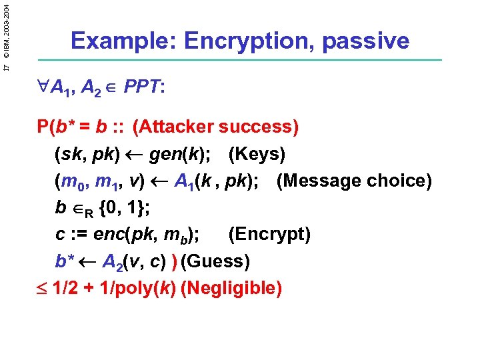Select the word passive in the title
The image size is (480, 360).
coord(365,41)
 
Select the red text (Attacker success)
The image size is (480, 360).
coord(216,127)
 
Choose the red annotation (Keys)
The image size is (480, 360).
coord(257,154)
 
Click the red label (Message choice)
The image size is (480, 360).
coord(354,181)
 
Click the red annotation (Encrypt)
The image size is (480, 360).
coord(269,235)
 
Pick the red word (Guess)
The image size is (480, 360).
coord(215,261)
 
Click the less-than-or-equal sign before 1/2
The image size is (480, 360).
coord(44,288)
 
